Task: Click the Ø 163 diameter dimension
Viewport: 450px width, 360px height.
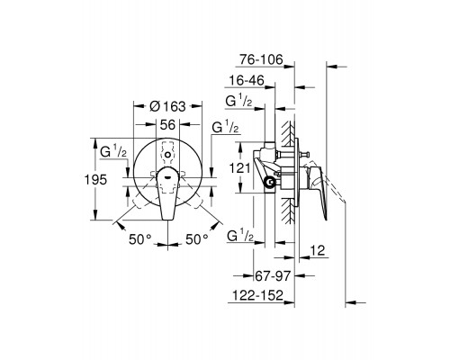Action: coord(164,106)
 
